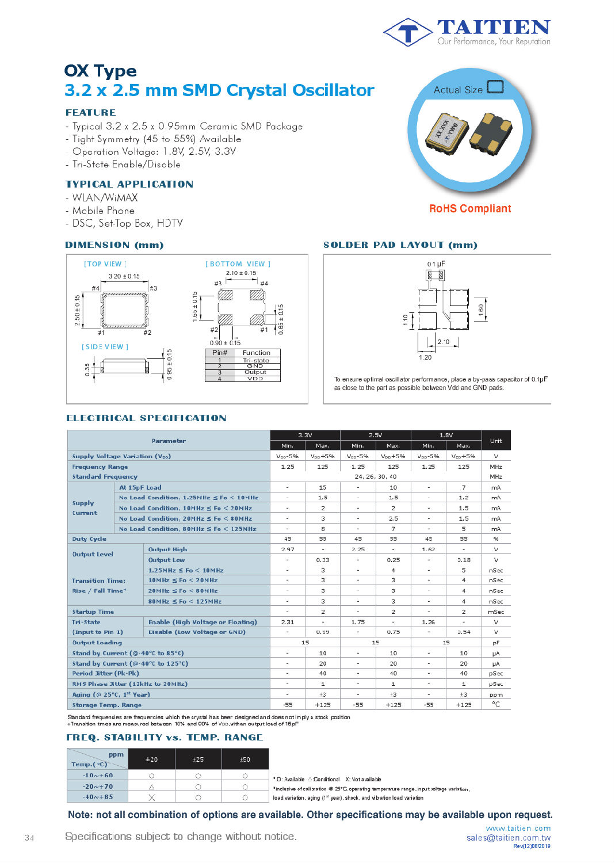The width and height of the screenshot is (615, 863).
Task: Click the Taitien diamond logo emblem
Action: [407, 32]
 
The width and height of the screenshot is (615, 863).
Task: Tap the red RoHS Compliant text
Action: [470, 209]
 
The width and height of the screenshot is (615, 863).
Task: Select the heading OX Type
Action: [101, 71]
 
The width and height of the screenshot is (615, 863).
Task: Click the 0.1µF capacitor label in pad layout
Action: [436, 264]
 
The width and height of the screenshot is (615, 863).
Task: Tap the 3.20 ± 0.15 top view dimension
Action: [124, 276]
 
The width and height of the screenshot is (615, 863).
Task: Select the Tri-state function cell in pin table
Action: [255, 360]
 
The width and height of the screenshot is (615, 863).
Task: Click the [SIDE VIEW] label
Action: [105, 347]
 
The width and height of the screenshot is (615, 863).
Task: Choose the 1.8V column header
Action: [446, 435]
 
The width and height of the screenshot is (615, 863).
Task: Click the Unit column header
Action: [496, 441]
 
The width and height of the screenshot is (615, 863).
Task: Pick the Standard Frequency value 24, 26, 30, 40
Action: [375, 477]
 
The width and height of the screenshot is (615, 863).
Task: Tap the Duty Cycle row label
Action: [89, 539]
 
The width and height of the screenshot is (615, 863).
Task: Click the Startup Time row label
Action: [93, 612]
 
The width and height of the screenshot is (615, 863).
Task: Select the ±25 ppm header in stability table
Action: [198, 759]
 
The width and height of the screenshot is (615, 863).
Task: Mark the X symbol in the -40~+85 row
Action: [152, 797]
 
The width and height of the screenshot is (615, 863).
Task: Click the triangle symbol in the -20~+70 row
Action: [152, 786]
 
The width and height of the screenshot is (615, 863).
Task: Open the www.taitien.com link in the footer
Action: [518, 828]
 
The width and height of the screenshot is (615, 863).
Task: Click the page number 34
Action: [29, 838]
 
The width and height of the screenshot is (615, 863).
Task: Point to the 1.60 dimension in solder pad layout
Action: [481, 309]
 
